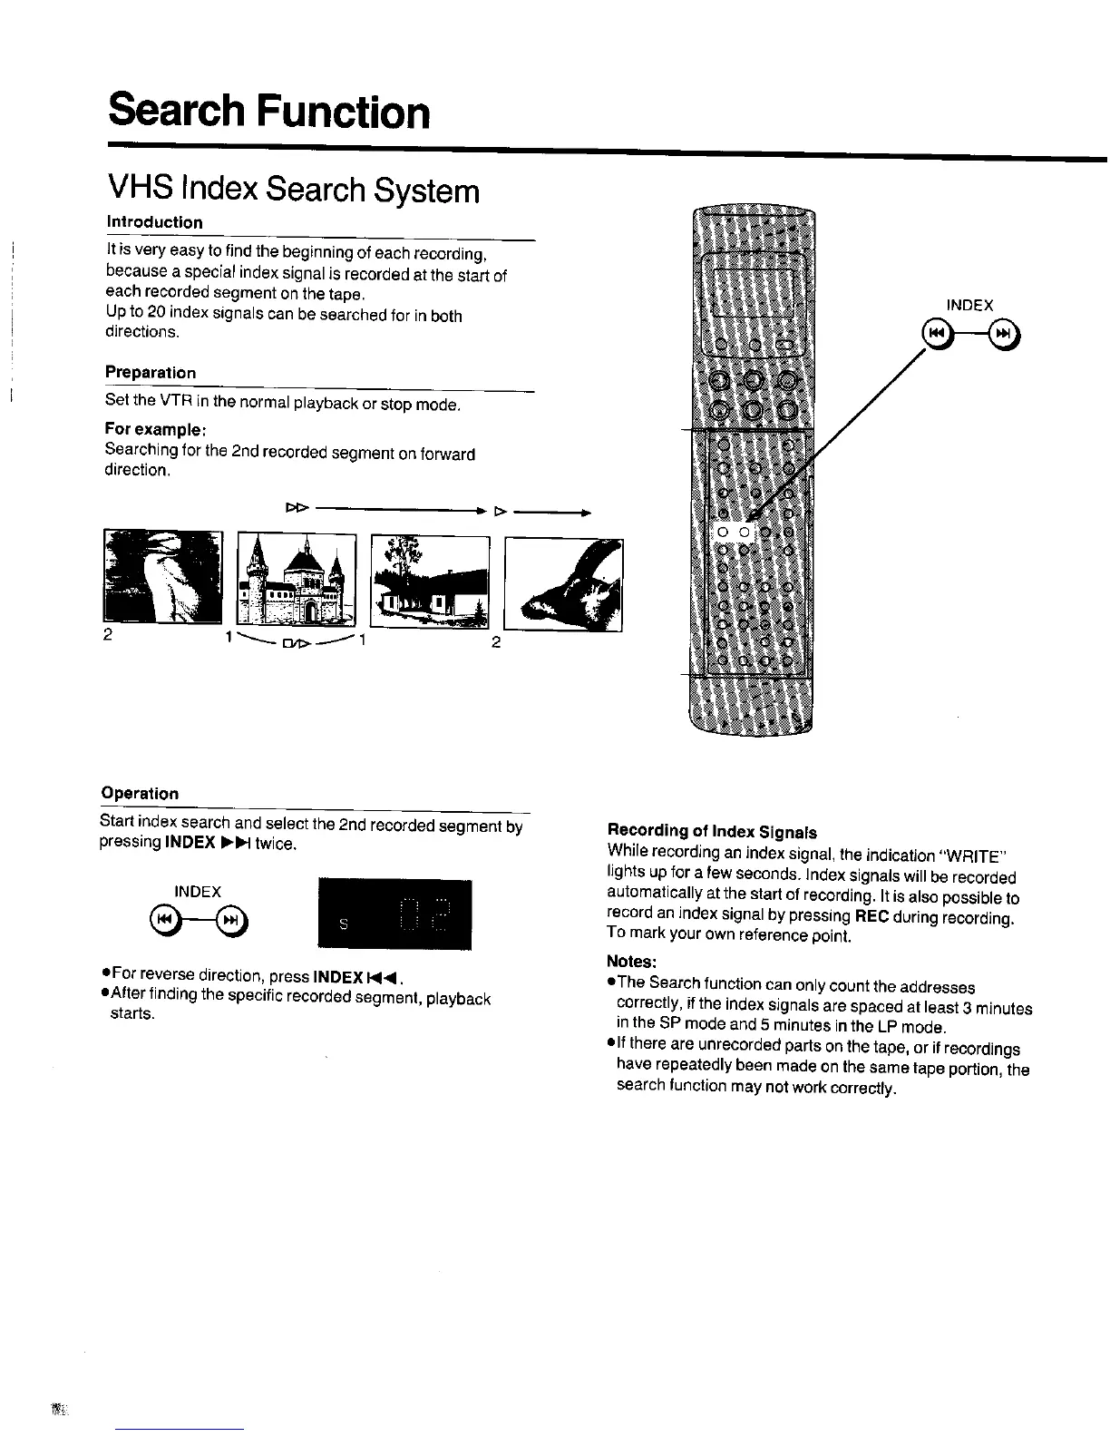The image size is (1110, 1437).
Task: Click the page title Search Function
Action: [x=268, y=112]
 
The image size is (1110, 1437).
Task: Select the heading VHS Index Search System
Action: [x=293, y=191]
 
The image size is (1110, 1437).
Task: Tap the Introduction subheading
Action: [x=154, y=222]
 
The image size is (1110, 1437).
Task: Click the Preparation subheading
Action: [x=151, y=373]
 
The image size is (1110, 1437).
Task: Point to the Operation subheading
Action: [x=140, y=793]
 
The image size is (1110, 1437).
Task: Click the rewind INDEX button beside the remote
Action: [x=935, y=336]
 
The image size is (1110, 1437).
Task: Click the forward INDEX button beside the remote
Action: [x=1004, y=336]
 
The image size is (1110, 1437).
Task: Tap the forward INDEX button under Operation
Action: [x=232, y=921]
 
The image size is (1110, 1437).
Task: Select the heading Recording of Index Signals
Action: [x=712, y=832]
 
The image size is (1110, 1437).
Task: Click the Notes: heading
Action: [x=631, y=962]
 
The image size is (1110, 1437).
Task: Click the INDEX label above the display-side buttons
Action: [x=198, y=892]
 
